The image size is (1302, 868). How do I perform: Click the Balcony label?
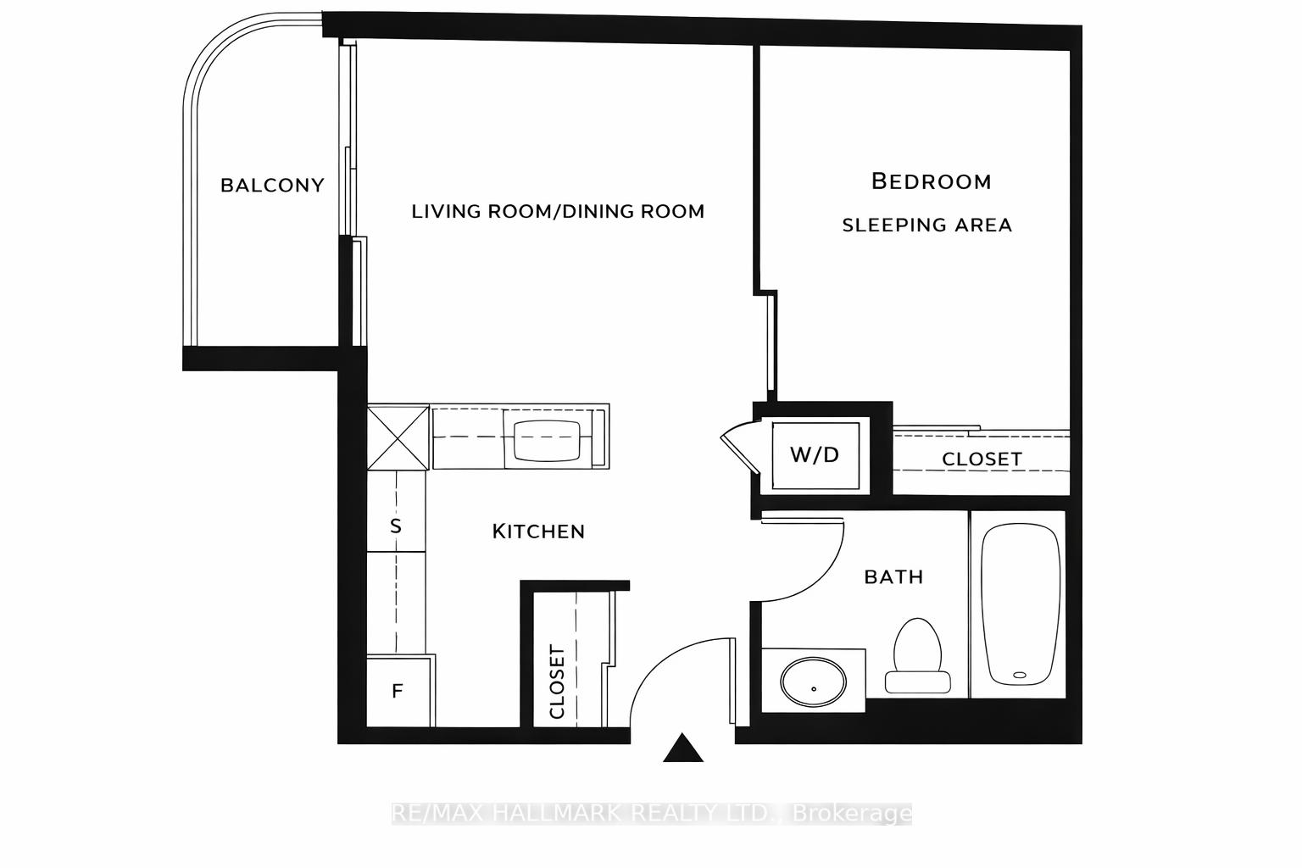tap(272, 185)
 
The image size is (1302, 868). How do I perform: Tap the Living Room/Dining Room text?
tap(558, 211)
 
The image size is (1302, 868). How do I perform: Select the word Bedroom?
tap(931, 181)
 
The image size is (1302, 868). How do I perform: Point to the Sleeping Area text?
tap(926, 225)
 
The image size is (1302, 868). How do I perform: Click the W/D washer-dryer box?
tap(815, 455)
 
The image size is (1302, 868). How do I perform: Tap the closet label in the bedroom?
tap(982, 459)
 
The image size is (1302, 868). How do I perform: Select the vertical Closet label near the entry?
tap(557, 682)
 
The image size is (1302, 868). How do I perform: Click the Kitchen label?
tap(538, 531)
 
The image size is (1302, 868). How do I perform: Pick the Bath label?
tap(893, 577)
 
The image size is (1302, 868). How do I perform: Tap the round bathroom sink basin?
tap(813, 682)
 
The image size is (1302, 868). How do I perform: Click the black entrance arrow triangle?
tap(682, 748)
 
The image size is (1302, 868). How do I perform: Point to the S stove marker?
tap(395, 526)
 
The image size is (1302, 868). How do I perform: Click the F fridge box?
tap(398, 692)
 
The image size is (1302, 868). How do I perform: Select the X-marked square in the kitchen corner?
tap(398, 437)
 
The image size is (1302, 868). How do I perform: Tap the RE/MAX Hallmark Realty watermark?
tap(651, 814)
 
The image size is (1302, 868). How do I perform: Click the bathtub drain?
tap(1020, 676)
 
